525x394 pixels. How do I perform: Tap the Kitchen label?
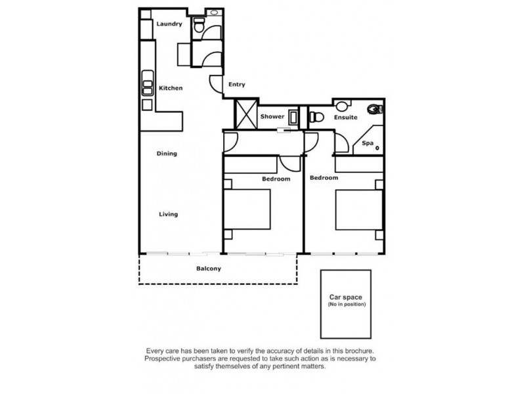(x=171, y=88)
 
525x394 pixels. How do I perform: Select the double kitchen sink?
(x=147, y=88)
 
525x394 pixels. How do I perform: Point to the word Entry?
(x=236, y=85)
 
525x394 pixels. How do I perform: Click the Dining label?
(x=167, y=154)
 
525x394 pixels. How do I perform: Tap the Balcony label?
(x=208, y=269)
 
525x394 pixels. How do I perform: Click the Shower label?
(x=272, y=117)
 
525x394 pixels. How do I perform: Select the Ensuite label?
(x=346, y=118)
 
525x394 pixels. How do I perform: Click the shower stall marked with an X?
(x=246, y=115)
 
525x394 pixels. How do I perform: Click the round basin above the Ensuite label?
(x=342, y=106)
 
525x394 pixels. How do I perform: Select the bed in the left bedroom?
(x=248, y=209)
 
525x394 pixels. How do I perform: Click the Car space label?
(x=346, y=297)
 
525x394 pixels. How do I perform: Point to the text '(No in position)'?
(x=346, y=305)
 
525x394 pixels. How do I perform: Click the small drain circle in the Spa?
(x=377, y=148)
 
